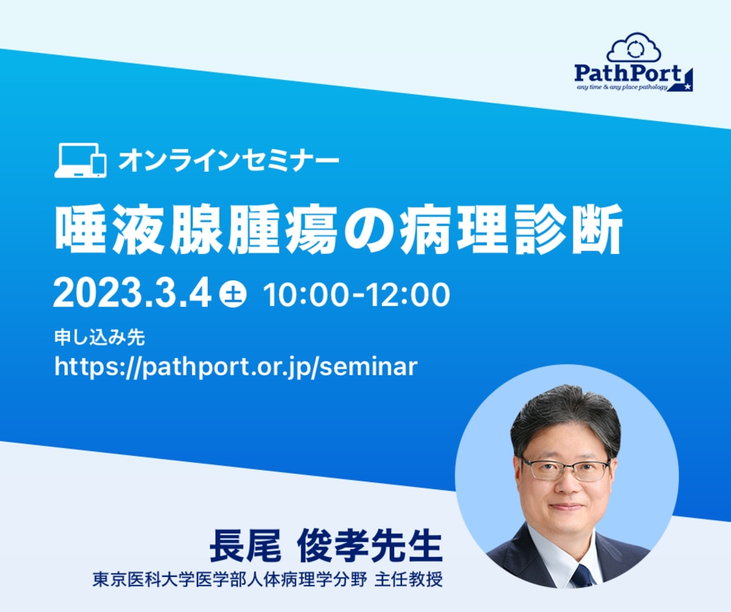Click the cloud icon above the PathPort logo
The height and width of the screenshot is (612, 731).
point(634,48)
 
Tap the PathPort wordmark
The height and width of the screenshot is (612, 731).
point(627,73)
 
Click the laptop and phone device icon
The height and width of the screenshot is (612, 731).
point(80,160)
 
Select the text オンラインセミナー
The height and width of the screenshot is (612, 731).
point(228,160)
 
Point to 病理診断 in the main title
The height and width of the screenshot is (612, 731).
point(511,229)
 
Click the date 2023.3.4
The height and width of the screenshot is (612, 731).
point(132,294)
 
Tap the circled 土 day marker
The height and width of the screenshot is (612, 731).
point(233,294)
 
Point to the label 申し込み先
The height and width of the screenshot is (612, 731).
point(99,337)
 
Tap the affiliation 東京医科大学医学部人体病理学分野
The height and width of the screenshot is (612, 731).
point(230,580)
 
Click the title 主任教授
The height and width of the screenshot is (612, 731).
point(408,580)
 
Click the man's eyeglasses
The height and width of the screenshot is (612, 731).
point(565,469)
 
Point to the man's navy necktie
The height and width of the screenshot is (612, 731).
point(583,576)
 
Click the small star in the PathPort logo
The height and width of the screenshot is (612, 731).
point(687,86)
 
